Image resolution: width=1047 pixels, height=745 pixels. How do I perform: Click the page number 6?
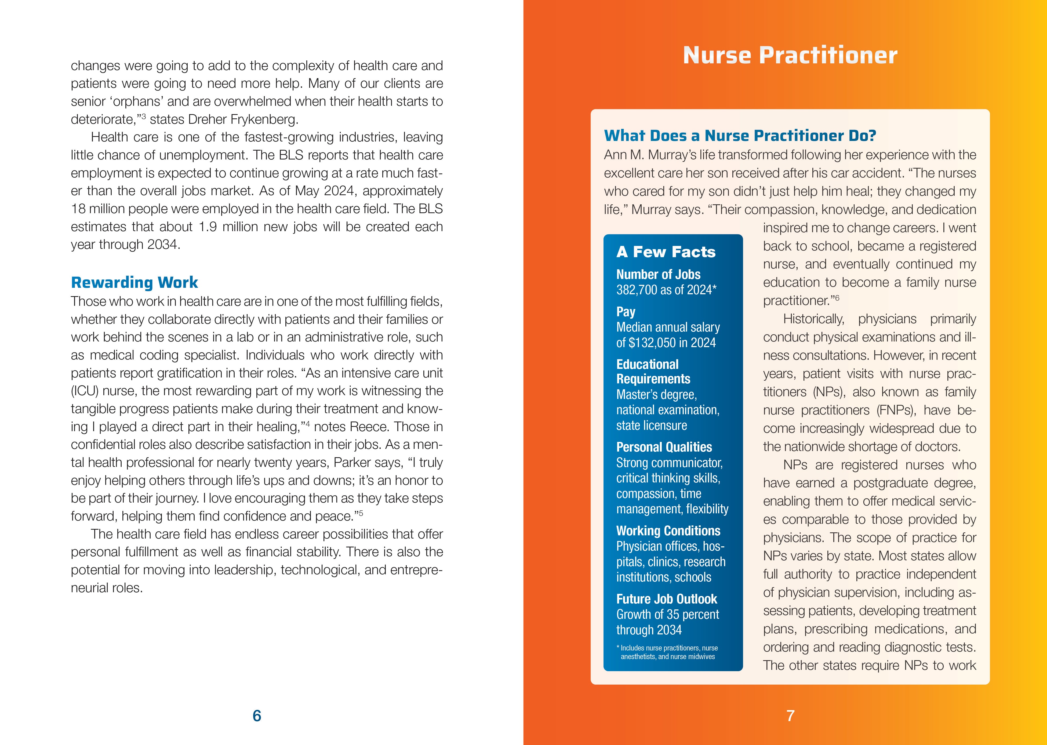(x=257, y=716)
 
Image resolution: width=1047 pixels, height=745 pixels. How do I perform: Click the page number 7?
(x=790, y=716)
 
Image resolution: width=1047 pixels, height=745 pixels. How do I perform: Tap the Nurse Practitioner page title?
(x=790, y=56)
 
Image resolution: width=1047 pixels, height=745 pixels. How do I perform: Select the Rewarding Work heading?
(x=134, y=282)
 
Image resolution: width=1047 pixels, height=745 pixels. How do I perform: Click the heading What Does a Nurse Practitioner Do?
(x=740, y=136)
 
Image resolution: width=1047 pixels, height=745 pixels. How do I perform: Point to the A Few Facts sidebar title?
(x=666, y=252)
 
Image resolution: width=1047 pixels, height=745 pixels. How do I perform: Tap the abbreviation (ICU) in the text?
(x=84, y=391)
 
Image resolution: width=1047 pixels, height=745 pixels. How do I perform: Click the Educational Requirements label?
(x=653, y=372)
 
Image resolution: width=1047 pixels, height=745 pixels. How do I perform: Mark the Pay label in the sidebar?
(x=626, y=312)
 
